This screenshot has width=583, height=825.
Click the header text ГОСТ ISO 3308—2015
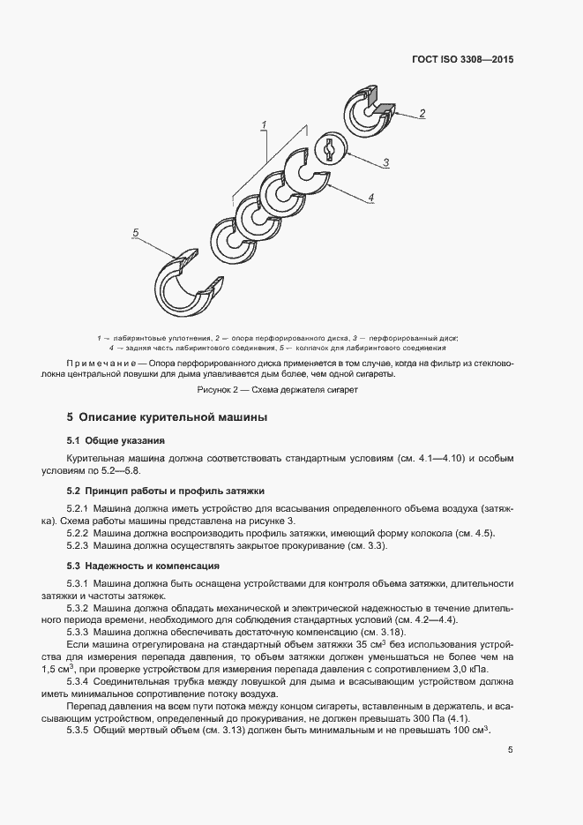tap(462, 61)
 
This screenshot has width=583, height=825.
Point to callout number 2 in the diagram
tap(422, 113)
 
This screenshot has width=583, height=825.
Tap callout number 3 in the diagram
tap(385, 162)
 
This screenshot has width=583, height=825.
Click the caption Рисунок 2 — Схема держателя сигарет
tap(277, 390)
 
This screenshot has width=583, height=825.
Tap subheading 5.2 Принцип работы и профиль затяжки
tap(166, 490)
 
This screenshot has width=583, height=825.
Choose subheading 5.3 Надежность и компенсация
tap(143, 565)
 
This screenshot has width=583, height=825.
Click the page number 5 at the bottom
tap(511, 751)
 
